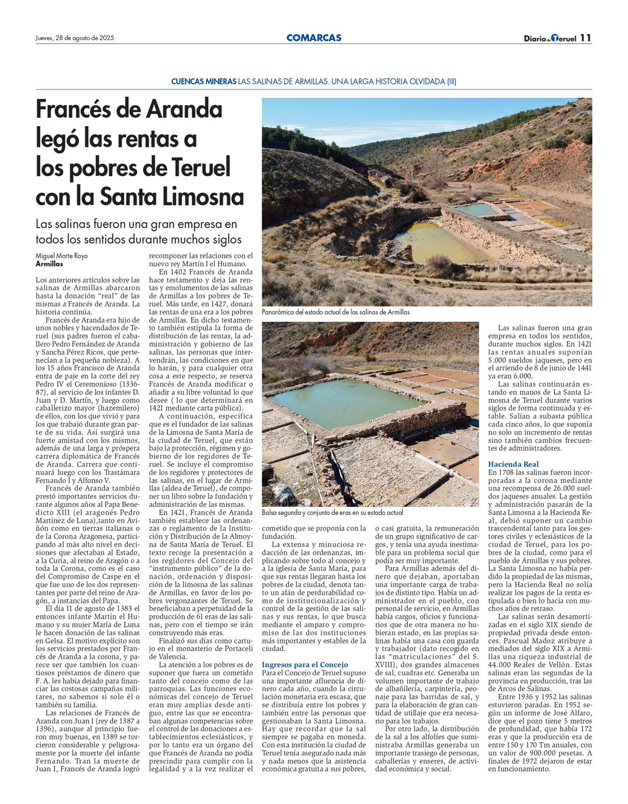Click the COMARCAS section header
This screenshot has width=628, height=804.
click(x=313, y=38)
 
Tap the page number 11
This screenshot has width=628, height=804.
click(x=586, y=38)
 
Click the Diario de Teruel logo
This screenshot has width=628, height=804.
click(x=549, y=38)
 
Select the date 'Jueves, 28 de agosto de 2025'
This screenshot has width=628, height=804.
click(x=75, y=38)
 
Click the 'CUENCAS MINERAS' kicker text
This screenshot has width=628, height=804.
click(x=203, y=82)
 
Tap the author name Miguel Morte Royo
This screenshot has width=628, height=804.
click(x=62, y=256)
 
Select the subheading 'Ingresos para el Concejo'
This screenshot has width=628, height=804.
click(x=305, y=664)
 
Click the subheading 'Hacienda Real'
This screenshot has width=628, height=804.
click(x=513, y=464)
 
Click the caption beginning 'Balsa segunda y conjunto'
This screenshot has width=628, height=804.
click(x=332, y=513)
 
